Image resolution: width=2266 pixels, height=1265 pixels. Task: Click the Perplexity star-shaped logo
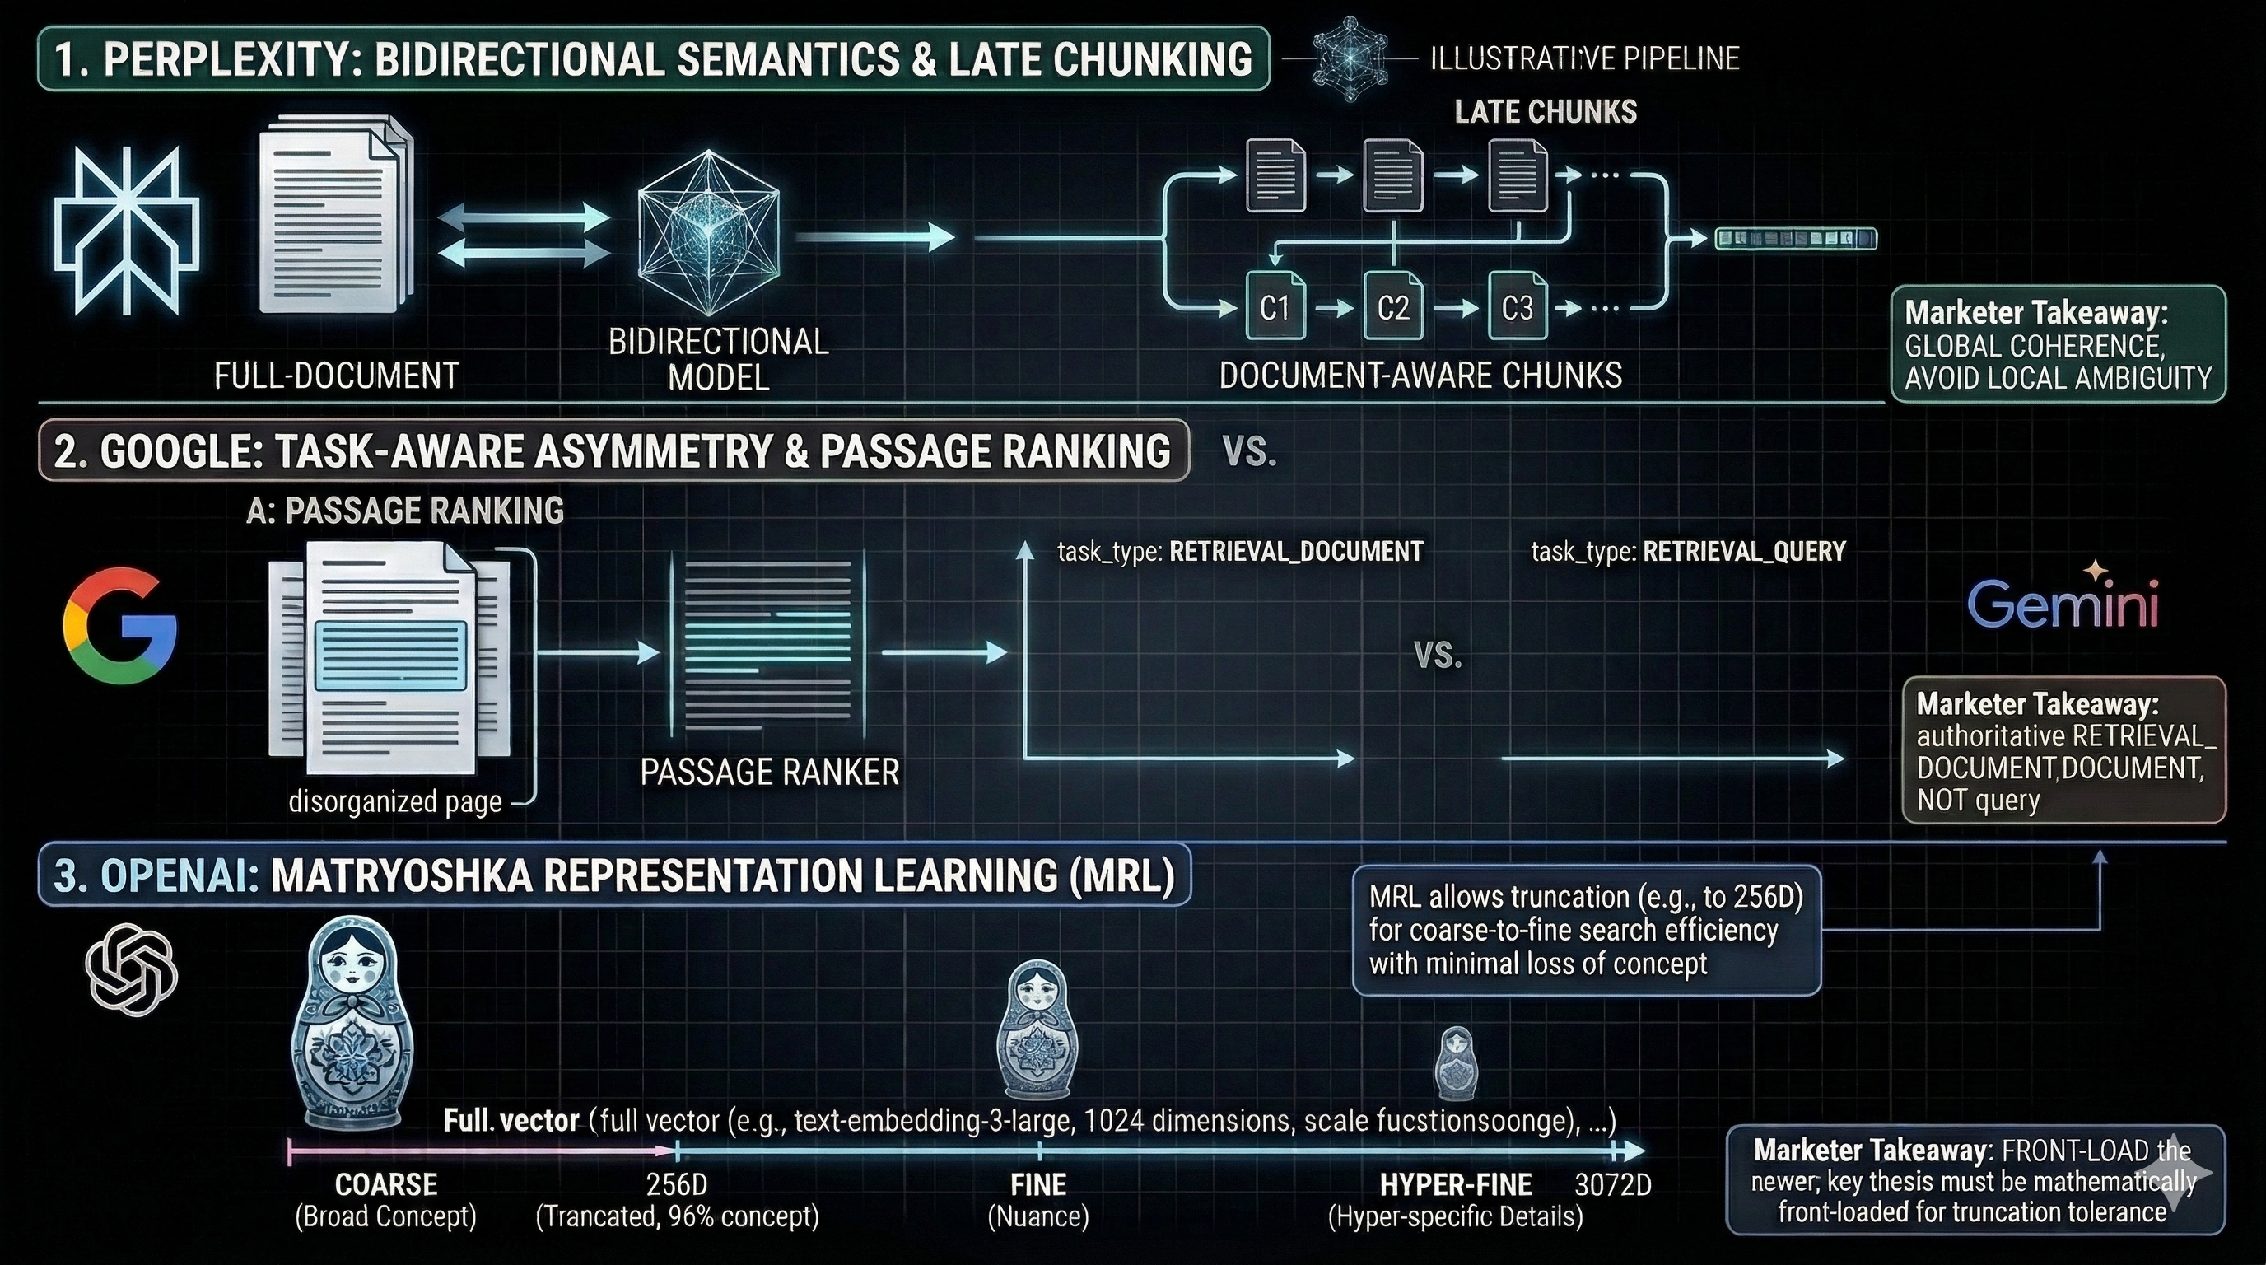coord(128,231)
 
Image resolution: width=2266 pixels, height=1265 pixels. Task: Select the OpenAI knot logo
coord(132,969)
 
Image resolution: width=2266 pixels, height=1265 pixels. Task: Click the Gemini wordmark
coord(2062,604)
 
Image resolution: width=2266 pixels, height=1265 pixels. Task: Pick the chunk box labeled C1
coord(1275,307)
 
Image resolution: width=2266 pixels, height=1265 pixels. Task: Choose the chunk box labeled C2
coord(1392,307)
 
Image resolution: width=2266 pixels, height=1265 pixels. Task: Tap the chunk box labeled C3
coord(1517,307)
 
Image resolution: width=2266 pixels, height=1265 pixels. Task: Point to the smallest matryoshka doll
coord(1456,1062)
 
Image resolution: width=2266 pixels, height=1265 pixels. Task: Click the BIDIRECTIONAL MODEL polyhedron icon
coord(709,231)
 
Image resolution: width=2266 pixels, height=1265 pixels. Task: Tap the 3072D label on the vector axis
coord(1612,1184)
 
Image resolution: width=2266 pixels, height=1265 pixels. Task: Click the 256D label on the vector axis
coord(677,1184)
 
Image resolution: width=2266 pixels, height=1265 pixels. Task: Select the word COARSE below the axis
coord(386,1184)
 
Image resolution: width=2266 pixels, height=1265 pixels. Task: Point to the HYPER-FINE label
coord(1456,1184)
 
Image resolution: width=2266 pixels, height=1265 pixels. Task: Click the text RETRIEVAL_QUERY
coord(1743,552)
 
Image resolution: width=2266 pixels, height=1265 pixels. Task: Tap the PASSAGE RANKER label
coord(770,772)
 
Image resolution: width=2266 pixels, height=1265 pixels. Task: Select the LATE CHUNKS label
coord(1546,112)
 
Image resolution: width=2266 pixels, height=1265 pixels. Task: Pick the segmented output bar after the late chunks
coord(1795,238)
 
